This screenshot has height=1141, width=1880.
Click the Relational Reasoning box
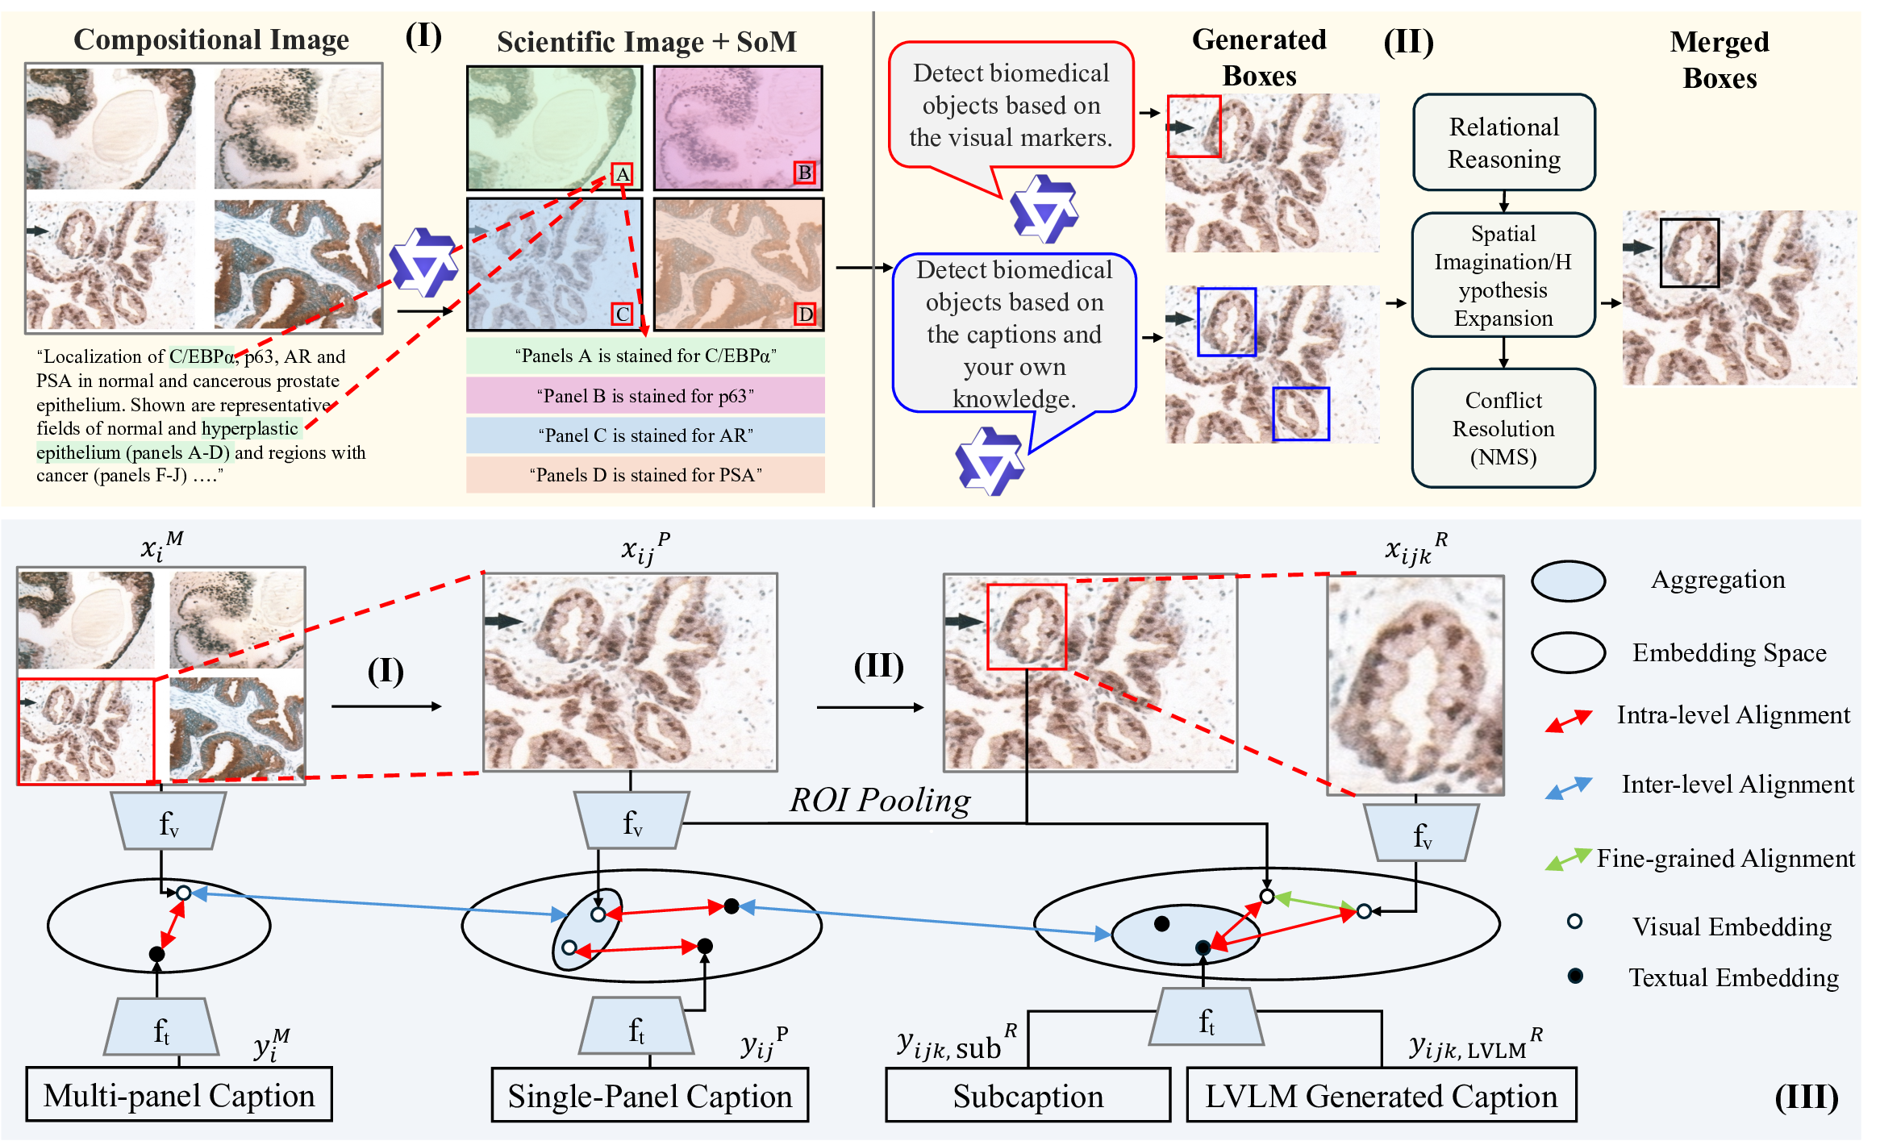pyautogui.click(x=1503, y=143)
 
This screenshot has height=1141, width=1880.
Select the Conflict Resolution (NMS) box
pyautogui.click(x=1503, y=428)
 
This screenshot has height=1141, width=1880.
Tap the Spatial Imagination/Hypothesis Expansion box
pyautogui.click(x=1503, y=275)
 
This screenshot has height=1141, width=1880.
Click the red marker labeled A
pyautogui.click(x=622, y=174)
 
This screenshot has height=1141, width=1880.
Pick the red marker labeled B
pyautogui.click(x=804, y=173)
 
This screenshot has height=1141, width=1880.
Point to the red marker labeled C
pyautogui.click(x=622, y=314)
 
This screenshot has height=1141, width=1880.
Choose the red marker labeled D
pyautogui.click(x=805, y=314)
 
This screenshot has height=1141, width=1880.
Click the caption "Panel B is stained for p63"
pyautogui.click(x=645, y=396)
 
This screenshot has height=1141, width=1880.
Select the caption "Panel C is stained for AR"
pyautogui.click(x=645, y=435)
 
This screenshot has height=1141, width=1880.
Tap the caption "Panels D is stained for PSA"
pyautogui.click(x=645, y=475)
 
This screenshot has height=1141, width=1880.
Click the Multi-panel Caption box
pyautogui.click(x=179, y=1095)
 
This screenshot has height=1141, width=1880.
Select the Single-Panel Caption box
pyautogui.click(x=650, y=1096)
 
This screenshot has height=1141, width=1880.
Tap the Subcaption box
pyautogui.click(x=1028, y=1096)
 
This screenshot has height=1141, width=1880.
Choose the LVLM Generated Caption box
pyautogui.click(x=1381, y=1096)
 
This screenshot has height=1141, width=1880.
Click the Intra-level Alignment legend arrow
pyautogui.click(x=1568, y=720)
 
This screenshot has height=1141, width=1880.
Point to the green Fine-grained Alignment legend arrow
pyautogui.click(x=1568, y=860)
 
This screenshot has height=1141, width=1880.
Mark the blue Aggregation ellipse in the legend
pyautogui.click(x=1568, y=581)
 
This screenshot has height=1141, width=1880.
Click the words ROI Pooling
pyautogui.click(x=880, y=800)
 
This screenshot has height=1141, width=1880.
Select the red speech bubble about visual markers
pyautogui.click(x=1011, y=106)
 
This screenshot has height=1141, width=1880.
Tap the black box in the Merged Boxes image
pyautogui.click(x=1689, y=253)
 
